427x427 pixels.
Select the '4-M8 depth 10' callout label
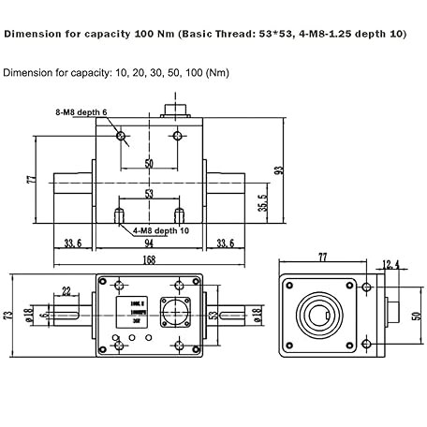click(x=162, y=228)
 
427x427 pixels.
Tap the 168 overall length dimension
click(x=150, y=261)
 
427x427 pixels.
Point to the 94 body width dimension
click(x=148, y=245)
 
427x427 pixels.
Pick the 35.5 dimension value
click(x=264, y=201)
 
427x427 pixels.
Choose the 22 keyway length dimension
click(x=66, y=290)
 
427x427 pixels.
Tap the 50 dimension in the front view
click(x=148, y=163)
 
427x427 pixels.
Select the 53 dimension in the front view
click(x=148, y=195)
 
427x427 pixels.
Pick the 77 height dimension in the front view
click(x=31, y=178)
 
